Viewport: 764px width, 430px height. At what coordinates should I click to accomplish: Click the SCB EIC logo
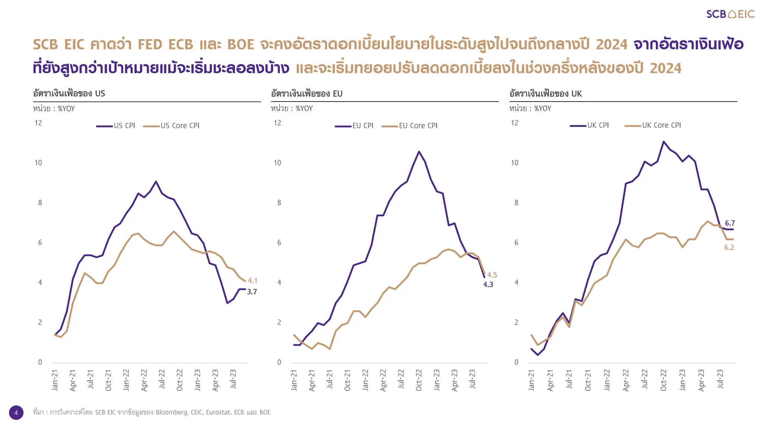coord(730,14)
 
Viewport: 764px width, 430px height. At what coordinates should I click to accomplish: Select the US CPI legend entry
coord(116,126)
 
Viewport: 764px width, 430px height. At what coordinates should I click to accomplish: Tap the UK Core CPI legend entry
coord(653,125)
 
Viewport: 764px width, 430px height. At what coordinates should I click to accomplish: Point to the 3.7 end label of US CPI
coord(252,292)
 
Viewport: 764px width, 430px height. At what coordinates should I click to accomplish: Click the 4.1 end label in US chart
coord(253,280)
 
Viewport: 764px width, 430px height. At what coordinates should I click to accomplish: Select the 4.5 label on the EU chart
coord(492,275)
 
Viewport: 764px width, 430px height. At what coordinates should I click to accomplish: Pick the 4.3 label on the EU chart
coord(488,285)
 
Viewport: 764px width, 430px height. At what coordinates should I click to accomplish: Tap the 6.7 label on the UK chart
coord(730,223)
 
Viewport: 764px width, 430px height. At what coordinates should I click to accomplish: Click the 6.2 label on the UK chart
coord(729,247)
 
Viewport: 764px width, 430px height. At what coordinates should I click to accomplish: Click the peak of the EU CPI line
coord(419,152)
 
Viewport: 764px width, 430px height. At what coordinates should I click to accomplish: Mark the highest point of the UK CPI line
coord(663,141)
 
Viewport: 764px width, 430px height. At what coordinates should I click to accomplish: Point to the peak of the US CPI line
coord(156,181)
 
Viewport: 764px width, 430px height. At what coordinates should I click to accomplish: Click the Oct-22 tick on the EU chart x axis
coord(419,380)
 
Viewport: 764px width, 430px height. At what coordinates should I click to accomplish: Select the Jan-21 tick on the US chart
coord(55,380)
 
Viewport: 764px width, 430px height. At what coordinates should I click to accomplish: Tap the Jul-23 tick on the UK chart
coord(720,379)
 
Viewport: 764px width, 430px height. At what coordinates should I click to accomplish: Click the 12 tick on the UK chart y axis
coord(514,123)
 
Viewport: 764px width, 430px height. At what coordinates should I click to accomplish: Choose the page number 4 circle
coord(16,412)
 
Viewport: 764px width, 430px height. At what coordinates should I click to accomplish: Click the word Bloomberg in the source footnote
coord(171,412)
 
